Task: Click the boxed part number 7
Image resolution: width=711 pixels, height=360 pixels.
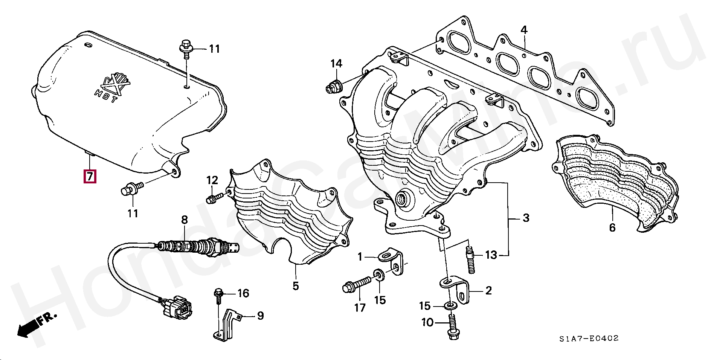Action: click(90, 176)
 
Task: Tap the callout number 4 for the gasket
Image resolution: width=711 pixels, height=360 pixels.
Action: click(524, 30)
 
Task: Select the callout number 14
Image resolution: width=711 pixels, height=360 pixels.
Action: click(336, 64)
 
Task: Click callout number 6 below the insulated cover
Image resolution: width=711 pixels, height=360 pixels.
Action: click(612, 227)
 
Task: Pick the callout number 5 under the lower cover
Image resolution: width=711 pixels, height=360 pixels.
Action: click(296, 286)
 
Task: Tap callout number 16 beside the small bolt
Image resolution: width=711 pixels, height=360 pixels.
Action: click(243, 293)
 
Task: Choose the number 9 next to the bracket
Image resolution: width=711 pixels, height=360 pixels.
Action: click(260, 316)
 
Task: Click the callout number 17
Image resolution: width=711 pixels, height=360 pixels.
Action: click(360, 308)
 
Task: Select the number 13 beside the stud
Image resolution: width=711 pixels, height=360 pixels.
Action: click(491, 255)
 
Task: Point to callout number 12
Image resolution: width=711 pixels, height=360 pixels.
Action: click(212, 180)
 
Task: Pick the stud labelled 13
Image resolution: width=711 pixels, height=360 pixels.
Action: click(470, 259)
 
